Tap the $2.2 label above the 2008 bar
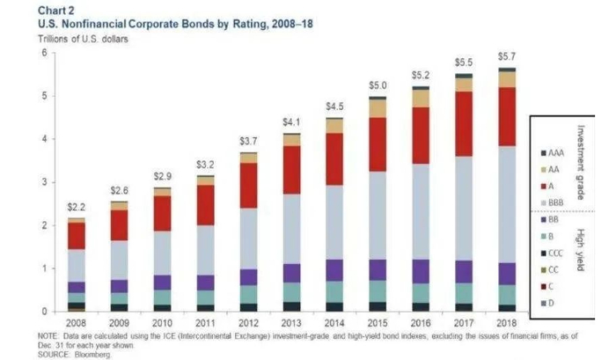77,207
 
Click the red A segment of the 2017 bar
464,123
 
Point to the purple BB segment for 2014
334,270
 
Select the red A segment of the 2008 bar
77,235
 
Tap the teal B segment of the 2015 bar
378,291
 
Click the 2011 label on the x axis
206,322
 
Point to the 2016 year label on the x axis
421,322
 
